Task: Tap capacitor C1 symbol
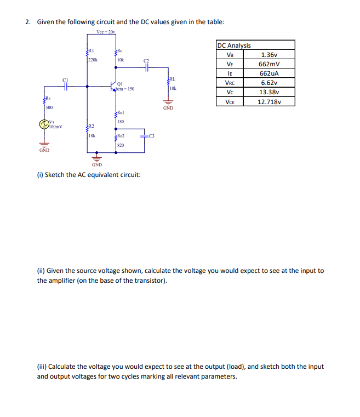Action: (65, 86)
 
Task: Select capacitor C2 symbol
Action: (146, 67)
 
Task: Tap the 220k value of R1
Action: (93, 59)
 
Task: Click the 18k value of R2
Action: (92, 135)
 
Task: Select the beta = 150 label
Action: (125, 88)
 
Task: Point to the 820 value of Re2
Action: (121, 145)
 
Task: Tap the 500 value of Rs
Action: (49, 107)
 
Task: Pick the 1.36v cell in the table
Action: (270, 55)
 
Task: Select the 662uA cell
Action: (270, 73)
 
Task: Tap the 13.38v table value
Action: (270, 92)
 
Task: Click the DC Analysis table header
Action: (235, 45)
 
